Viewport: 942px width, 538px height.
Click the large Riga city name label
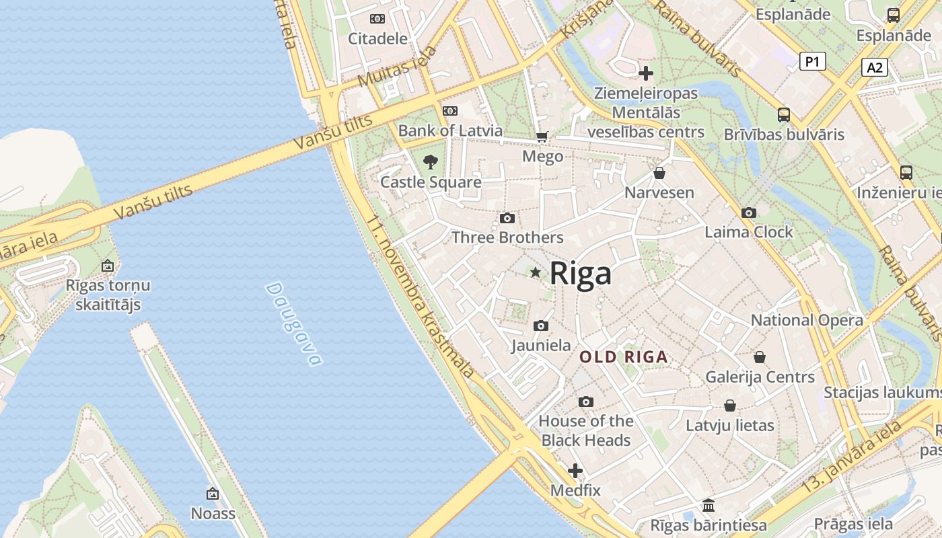(580, 274)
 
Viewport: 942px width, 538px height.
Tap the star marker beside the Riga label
(536, 272)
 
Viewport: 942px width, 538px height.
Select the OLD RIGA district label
(624, 357)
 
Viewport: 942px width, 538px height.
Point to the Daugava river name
(293, 323)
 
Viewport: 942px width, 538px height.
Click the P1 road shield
(813, 62)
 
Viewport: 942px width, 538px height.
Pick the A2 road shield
(874, 67)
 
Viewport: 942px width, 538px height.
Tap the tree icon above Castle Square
(431, 161)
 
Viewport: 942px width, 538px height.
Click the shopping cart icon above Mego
(542, 137)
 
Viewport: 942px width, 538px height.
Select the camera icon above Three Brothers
(507, 218)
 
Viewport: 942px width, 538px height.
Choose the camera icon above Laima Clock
(748, 213)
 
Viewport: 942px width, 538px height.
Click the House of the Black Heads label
(586, 430)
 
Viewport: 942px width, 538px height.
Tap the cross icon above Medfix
(575, 471)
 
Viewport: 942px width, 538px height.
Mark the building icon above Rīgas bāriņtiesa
(709, 505)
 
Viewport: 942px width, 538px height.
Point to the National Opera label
(807, 320)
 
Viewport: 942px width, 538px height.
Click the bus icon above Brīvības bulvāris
(784, 114)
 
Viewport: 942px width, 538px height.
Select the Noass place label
(213, 513)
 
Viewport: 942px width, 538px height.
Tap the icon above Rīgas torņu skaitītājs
(108, 266)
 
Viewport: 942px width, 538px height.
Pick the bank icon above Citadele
(377, 19)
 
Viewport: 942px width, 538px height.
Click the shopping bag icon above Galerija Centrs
(760, 356)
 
